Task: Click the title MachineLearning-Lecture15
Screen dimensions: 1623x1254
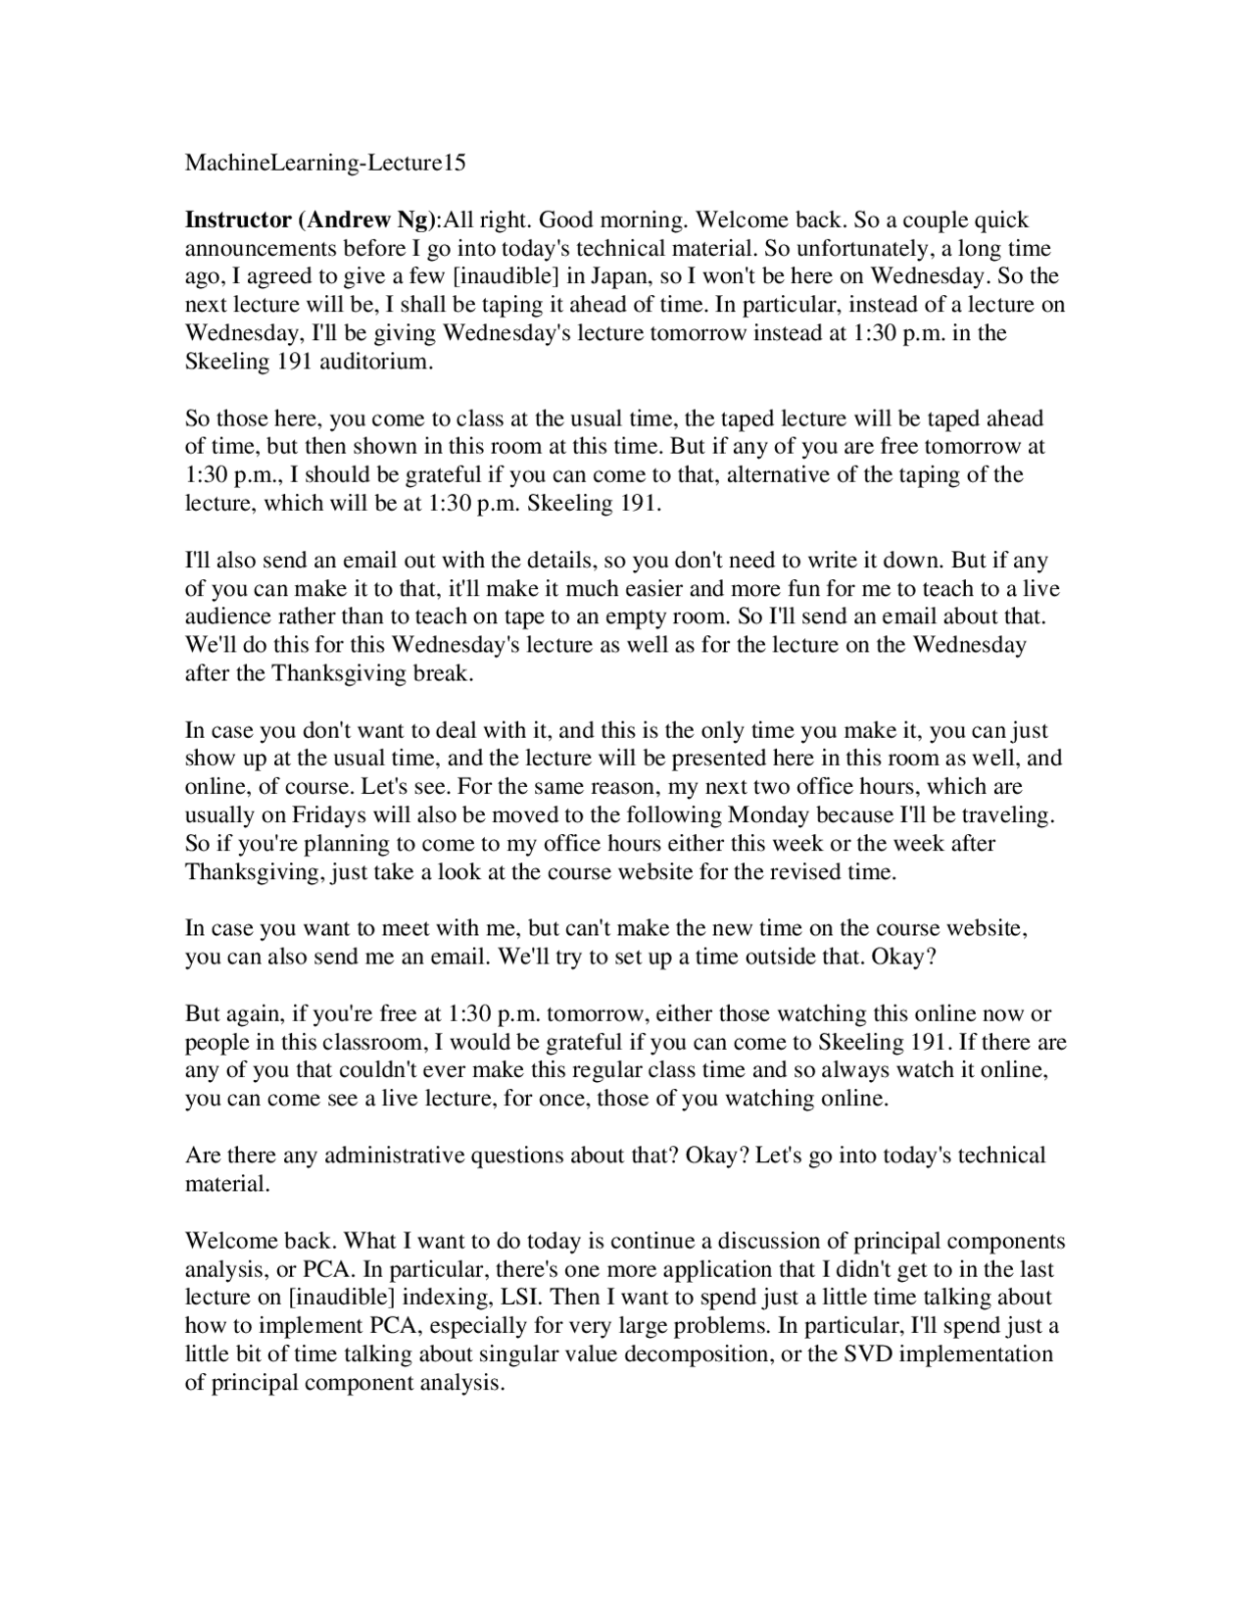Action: [325, 164]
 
